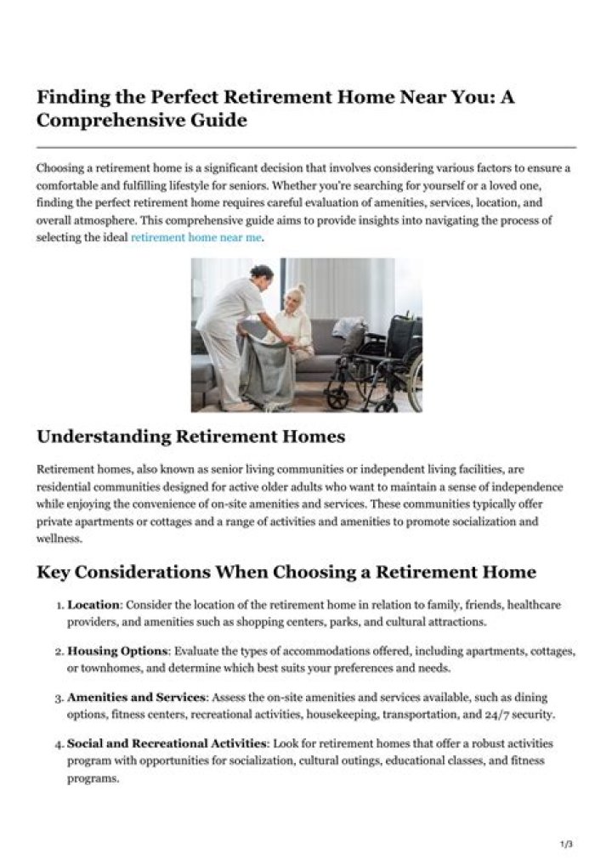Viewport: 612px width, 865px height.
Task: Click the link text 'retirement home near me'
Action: [x=195, y=239]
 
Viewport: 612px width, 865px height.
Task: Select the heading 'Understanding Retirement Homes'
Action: [x=191, y=437]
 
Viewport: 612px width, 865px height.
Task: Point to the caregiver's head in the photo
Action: [x=261, y=275]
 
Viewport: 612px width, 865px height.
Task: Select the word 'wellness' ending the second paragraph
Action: [x=59, y=538]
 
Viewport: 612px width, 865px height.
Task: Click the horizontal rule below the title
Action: [x=306, y=147]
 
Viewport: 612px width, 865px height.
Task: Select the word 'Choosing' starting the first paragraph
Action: [x=59, y=168]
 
